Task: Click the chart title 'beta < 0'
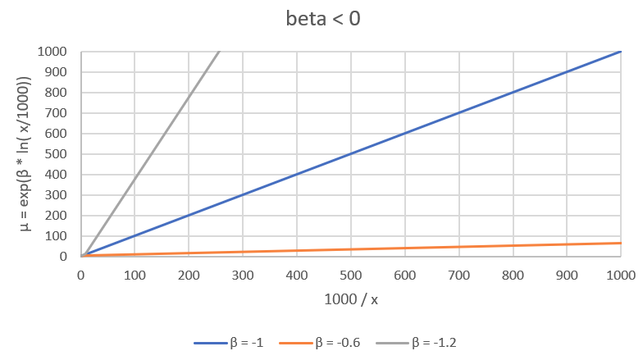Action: [x=321, y=18]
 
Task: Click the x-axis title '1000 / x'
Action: [x=350, y=299]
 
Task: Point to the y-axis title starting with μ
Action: [x=25, y=153]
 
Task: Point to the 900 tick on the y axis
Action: [x=58, y=72]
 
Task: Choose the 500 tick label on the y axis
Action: [x=58, y=154]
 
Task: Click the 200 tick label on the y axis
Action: [x=58, y=216]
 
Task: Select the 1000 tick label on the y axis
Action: [x=55, y=52]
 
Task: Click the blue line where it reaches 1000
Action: [x=619, y=52]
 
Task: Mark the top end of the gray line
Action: [x=219, y=52]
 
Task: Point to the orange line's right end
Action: [x=619, y=243]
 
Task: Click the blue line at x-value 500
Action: [x=350, y=154]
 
